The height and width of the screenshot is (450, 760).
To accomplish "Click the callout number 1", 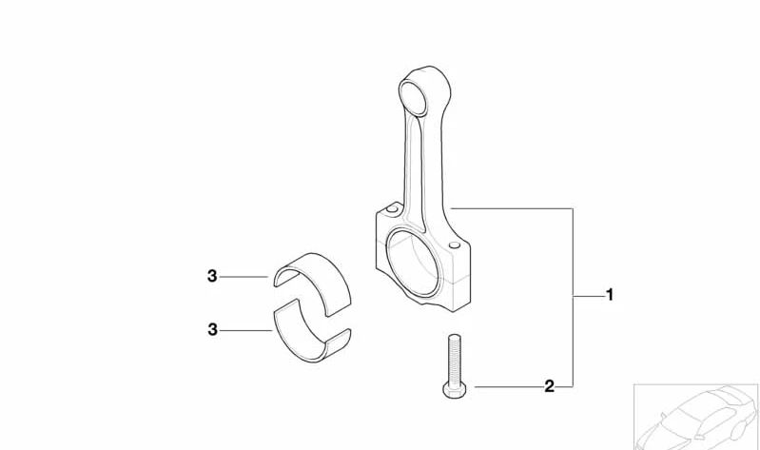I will tap(610, 295).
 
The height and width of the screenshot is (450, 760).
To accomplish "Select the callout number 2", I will tap(549, 386).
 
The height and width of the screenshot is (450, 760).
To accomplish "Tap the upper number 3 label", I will tap(212, 277).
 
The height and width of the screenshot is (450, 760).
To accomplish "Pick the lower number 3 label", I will tap(212, 329).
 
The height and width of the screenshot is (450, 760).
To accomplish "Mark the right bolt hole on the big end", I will tap(457, 246).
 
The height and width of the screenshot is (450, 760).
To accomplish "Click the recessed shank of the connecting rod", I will tap(418, 162).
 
